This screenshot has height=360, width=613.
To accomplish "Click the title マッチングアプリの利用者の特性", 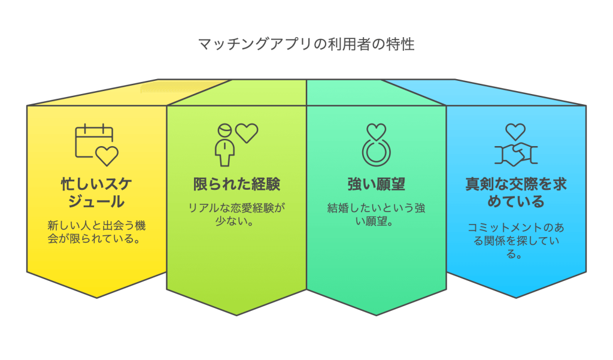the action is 306,44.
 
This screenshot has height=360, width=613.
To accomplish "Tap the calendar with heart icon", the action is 96,145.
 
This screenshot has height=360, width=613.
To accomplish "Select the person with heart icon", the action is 236,145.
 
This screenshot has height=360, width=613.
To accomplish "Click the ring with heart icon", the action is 376,145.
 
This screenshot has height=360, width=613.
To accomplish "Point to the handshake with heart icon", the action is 515,145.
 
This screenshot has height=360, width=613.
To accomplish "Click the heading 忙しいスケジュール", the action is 96,192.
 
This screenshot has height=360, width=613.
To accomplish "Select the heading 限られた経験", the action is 236,184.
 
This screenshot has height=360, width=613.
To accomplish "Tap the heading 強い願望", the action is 376,184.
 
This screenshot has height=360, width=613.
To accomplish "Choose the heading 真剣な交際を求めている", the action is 515,192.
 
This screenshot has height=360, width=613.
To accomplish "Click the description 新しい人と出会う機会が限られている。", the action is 96,232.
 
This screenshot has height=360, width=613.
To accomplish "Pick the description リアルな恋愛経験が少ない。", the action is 236,214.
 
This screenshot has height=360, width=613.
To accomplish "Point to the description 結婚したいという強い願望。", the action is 376,214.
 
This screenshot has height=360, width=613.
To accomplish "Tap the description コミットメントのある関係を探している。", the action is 515,241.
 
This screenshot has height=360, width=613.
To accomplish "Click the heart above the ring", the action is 376,132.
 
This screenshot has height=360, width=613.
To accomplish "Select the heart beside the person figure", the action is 247,133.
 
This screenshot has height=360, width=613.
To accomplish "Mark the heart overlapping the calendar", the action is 107,156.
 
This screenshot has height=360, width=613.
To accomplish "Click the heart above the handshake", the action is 515,132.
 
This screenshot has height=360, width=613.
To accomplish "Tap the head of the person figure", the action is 225,131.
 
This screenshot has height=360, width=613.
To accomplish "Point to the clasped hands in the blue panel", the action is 515,155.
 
